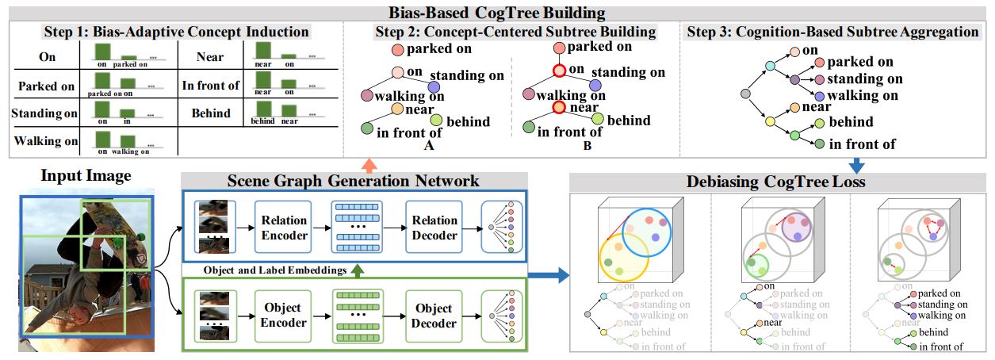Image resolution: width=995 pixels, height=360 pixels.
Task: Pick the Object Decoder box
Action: click(x=434, y=315)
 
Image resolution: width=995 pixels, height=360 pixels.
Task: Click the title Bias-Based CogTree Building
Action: click(x=496, y=13)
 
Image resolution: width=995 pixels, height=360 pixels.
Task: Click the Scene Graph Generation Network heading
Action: click(x=354, y=181)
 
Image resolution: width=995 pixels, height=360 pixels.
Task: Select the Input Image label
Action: click(x=86, y=176)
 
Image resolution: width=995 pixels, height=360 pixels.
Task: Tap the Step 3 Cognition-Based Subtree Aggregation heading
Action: click(x=832, y=33)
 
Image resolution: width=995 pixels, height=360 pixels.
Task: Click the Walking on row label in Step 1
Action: click(x=46, y=141)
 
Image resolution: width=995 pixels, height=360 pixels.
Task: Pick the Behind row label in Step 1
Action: click(x=211, y=113)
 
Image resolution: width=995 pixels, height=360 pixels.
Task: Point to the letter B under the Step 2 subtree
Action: click(x=588, y=146)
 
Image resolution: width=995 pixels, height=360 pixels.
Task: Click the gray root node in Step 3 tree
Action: click(x=744, y=94)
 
